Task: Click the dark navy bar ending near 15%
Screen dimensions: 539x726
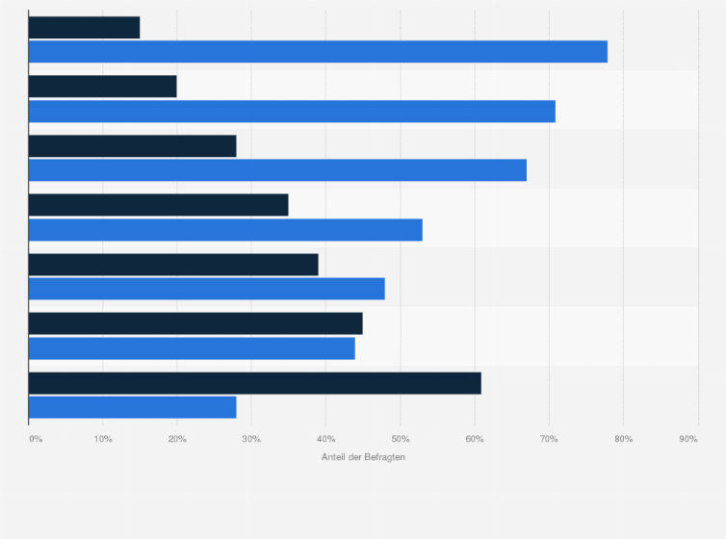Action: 84,28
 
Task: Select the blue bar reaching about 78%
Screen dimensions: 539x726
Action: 318,52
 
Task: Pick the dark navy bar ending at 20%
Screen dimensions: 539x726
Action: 102,87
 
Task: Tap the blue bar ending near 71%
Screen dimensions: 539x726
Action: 292,112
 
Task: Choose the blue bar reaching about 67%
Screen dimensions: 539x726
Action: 277,170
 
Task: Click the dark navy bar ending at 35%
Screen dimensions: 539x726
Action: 158,205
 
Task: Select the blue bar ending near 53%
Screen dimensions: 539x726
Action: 225,230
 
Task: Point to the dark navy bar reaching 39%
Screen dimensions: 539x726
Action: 173,265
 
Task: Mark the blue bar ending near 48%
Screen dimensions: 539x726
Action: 207,289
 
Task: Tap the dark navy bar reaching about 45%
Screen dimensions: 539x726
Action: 195,323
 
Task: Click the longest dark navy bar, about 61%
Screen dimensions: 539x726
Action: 254,383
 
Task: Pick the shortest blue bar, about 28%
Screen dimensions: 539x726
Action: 132,407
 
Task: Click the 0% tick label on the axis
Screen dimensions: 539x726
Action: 36,439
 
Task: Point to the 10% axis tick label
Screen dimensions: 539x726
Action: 103,439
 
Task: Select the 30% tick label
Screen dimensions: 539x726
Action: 251,439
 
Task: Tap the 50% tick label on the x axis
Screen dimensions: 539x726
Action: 400,439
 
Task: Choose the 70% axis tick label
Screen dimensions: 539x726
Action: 549,439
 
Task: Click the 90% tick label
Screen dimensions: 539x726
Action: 687,439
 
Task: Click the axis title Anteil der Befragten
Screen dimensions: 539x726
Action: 363,457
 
